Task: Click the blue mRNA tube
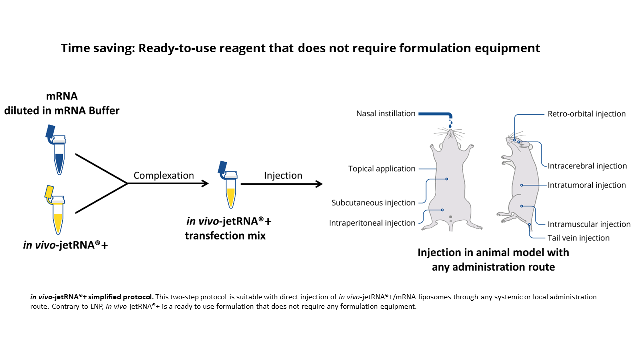[x=58, y=151]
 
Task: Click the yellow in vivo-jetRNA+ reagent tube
[x=56, y=211]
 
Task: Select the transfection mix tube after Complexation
[x=229, y=185]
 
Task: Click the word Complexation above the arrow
[x=164, y=175]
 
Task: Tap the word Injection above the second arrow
[x=283, y=175]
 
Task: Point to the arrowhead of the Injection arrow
[x=320, y=184]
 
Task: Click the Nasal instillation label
[x=386, y=113]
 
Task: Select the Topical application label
[x=382, y=169]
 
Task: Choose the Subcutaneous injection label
[x=373, y=203]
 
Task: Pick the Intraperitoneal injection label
[x=372, y=223]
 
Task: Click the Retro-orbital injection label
[x=587, y=114]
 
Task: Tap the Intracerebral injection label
[x=587, y=166]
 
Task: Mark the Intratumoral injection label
[x=587, y=185]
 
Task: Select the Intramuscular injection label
[x=589, y=224]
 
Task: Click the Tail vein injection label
[x=579, y=238]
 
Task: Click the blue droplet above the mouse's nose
[x=450, y=125]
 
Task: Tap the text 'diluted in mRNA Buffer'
[x=62, y=111]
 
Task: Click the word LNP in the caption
[x=97, y=307]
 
